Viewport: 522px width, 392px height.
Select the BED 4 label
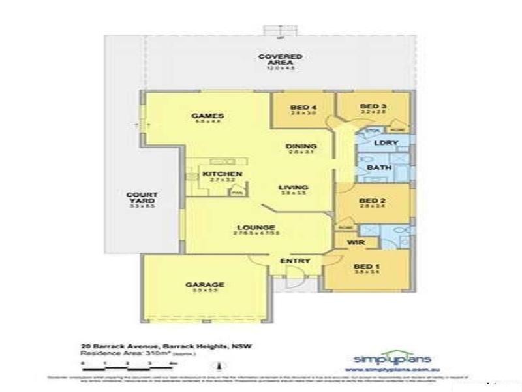coord(299,107)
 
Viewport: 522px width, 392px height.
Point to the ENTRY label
coord(295,261)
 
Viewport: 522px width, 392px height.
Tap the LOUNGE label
coord(251,227)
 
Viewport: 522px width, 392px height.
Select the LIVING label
coord(293,188)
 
